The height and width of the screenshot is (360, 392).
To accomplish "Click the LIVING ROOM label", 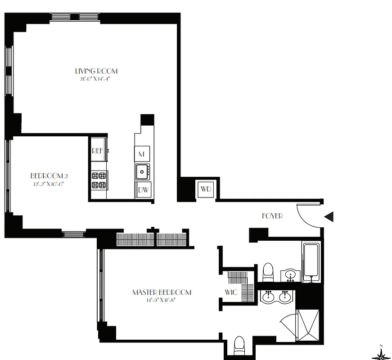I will (x=96, y=71).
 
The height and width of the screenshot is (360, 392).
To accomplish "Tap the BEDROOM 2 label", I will (x=49, y=175).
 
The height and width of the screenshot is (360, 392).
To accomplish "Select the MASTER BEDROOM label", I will (x=162, y=292).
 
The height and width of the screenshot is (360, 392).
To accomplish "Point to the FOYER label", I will (x=272, y=216).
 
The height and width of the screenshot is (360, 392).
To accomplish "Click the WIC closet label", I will (x=231, y=292).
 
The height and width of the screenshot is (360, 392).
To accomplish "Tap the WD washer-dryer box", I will (x=206, y=189).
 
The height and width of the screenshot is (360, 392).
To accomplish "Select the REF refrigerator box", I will (x=98, y=152).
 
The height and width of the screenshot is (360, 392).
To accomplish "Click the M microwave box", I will (x=141, y=154).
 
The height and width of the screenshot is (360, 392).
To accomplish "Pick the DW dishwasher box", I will (x=143, y=189).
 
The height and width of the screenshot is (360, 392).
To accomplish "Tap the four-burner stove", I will (x=99, y=180).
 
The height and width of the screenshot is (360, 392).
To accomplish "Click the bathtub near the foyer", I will (x=312, y=261).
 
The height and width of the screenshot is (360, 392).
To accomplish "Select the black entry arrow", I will (x=329, y=216).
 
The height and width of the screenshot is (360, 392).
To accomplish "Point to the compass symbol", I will (x=381, y=355).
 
